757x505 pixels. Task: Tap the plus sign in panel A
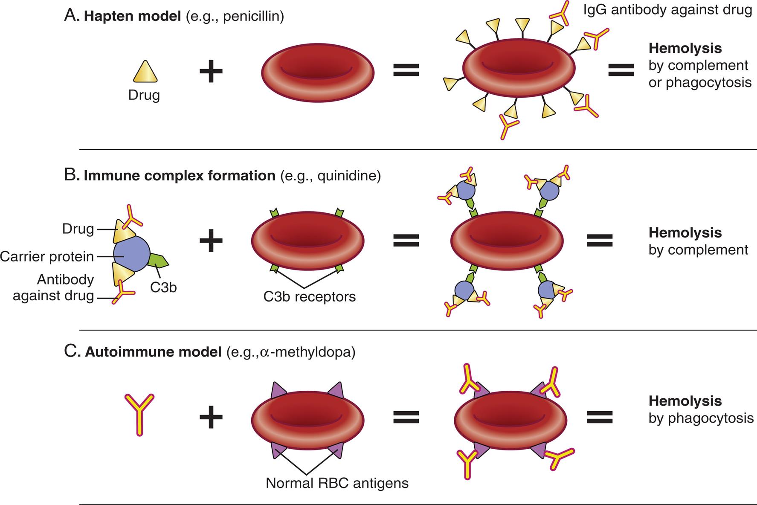[211, 71]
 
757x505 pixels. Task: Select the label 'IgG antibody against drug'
[667, 10]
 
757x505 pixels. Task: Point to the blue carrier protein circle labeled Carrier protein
[131, 255]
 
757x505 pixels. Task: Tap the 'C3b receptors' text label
[309, 296]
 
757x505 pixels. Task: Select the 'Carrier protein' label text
[47, 256]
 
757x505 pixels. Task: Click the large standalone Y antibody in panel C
[139, 414]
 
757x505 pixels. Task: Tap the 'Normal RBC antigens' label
[337, 483]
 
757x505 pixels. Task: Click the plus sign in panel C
[211, 416]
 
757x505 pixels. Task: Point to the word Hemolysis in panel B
[685, 232]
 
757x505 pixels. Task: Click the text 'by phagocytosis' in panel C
[701, 418]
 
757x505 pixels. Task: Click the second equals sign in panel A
[621, 70]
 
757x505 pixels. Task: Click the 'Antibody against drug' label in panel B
[53, 287]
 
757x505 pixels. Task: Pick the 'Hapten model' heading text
[132, 17]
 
